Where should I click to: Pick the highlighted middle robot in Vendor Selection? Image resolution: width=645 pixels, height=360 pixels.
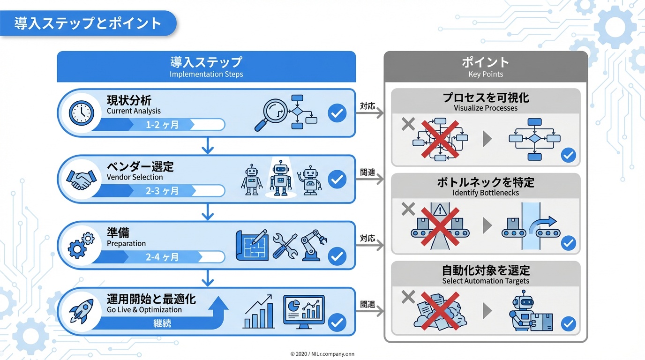pos(281,179)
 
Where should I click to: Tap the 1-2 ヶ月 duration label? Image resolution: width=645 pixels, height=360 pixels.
pos(162,125)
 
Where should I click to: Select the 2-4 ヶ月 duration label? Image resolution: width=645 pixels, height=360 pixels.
pos(162,257)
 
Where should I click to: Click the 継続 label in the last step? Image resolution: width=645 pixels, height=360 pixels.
pos(162,323)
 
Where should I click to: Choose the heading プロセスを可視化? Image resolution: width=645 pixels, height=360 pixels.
pos(486,97)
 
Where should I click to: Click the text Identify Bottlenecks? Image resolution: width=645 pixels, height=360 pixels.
pos(486,193)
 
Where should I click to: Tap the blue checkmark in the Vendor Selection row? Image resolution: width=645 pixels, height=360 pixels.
pos(337,180)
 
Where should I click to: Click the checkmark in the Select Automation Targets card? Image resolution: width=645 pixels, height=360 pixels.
pos(568,323)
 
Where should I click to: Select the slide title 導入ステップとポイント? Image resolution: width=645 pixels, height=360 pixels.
pos(88,23)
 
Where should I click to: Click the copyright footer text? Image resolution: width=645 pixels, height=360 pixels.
pos(322,354)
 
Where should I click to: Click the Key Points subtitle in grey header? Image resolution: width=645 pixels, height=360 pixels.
pos(486,74)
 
